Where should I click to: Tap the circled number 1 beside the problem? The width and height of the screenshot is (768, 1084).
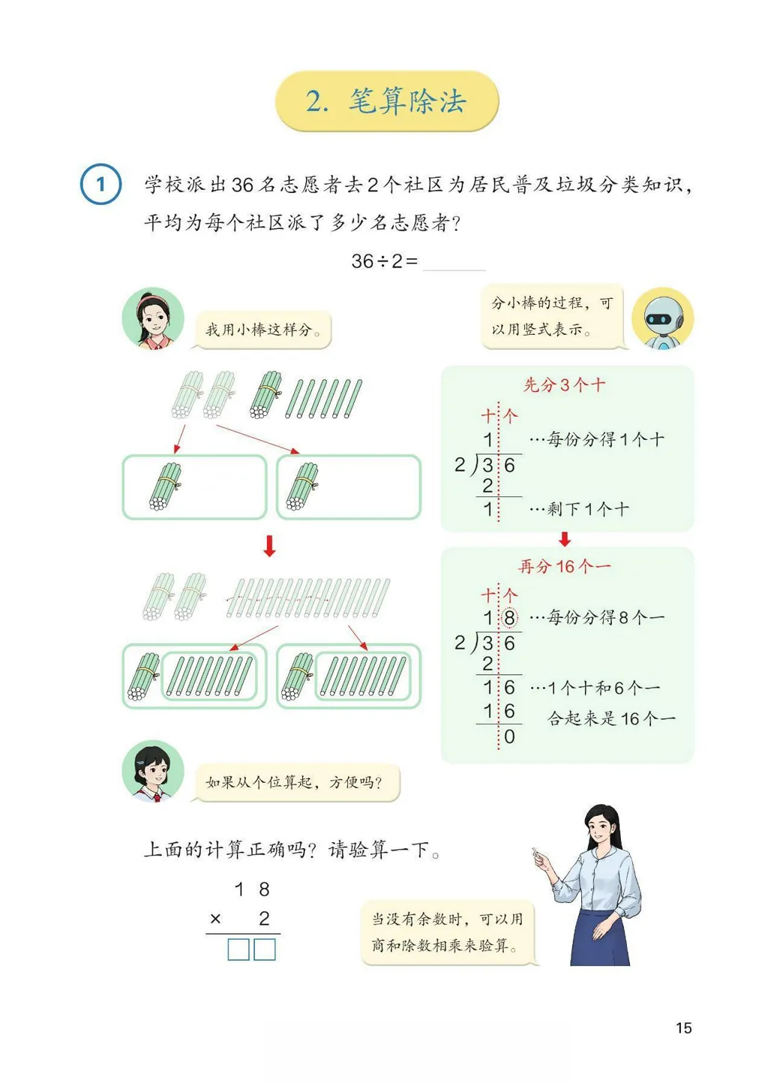[x=100, y=184]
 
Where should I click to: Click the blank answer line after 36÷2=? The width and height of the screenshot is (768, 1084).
[x=454, y=262]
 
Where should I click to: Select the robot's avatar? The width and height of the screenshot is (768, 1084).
[x=662, y=318]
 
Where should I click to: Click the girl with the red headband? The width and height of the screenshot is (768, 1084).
[x=152, y=319]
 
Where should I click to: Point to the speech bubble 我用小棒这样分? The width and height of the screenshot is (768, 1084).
[x=263, y=330]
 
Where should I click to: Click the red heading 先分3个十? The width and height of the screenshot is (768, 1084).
[x=564, y=385]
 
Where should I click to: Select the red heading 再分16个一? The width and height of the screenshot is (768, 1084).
[x=564, y=566]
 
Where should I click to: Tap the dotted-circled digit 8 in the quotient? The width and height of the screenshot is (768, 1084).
[x=509, y=618]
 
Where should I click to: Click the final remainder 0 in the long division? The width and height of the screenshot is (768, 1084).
[x=509, y=737]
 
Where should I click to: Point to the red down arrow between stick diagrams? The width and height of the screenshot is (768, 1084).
[x=269, y=546]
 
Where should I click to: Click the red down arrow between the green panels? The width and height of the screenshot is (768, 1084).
[x=565, y=539]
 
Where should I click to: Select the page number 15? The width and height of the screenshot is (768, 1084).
[x=683, y=1028]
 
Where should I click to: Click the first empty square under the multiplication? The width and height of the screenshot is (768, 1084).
[x=238, y=950]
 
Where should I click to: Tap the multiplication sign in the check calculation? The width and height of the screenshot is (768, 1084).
[x=215, y=918]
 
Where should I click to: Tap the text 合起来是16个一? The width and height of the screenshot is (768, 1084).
[x=611, y=719]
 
